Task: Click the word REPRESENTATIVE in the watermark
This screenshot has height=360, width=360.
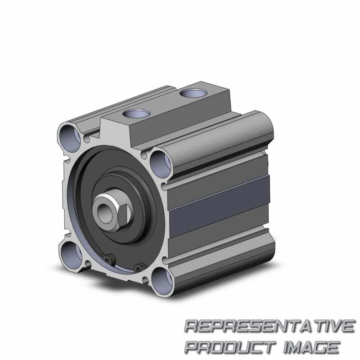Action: [x=269, y=326]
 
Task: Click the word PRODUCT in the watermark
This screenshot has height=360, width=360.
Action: [x=230, y=347]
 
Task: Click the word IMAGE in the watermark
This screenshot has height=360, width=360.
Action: [x=311, y=347]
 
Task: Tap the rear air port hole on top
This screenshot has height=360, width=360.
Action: [x=193, y=93]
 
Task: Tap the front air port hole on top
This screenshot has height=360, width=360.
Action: [x=136, y=113]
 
